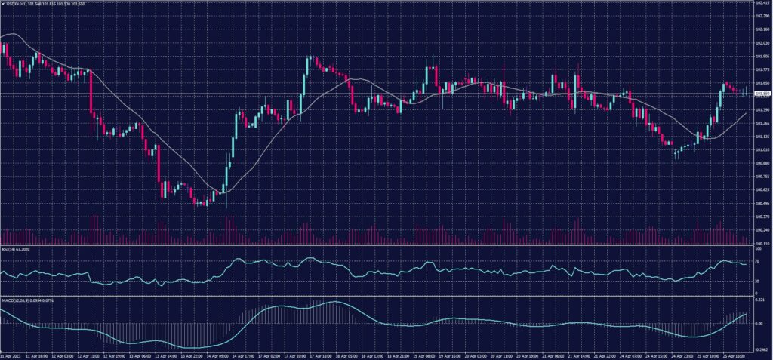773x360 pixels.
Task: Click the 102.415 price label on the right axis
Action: [x=761, y=4]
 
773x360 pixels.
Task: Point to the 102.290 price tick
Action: [x=761, y=17]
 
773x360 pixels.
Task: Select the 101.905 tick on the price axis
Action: [x=761, y=57]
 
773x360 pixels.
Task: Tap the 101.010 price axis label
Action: [x=761, y=150]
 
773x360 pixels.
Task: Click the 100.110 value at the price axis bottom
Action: [x=761, y=244]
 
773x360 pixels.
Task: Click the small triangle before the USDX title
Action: [x=3, y=3]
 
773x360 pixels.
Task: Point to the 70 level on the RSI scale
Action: [x=757, y=261]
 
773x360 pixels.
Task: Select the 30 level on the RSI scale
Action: [x=757, y=282]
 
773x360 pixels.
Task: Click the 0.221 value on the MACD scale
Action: [x=759, y=301]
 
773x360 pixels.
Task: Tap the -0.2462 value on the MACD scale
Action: [x=761, y=349]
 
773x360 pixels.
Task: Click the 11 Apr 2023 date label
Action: [x=11, y=355]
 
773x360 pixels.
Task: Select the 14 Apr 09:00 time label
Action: [x=216, y=355]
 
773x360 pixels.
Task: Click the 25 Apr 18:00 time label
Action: [x=734, y=355]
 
